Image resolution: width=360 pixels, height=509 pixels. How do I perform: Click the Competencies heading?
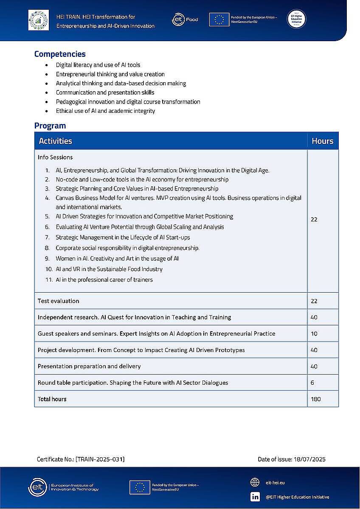[60, 54]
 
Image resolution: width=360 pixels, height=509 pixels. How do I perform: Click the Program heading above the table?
[50, 126]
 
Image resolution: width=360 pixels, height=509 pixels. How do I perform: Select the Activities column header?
[56, 141]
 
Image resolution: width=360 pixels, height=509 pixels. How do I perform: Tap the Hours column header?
[322, 141]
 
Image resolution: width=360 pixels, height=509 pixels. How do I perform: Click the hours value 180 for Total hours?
[315, 399]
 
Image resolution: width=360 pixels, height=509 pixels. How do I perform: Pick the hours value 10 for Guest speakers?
[314, 333]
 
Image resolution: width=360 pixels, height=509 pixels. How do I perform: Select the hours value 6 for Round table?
[312, 383]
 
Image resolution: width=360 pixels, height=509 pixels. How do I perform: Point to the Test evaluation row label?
[59, 301]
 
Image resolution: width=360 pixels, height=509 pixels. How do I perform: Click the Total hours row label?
[52, 399]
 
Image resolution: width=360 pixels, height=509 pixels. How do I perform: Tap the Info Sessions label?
[55, 157]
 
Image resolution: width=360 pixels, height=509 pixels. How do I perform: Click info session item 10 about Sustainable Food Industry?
[109, 269]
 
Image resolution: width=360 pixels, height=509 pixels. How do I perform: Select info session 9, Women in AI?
[117, 258]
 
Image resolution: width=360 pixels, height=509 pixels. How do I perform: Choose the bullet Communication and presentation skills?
[105, 92]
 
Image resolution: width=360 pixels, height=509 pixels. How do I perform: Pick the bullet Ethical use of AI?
[105, 111]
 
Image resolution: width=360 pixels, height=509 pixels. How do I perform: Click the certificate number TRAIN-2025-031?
[100, 459]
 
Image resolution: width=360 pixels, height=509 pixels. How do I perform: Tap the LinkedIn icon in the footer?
[255, 497]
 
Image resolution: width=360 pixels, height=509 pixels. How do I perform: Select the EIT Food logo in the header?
[185, 20]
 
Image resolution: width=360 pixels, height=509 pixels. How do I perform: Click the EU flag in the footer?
[140, 487]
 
